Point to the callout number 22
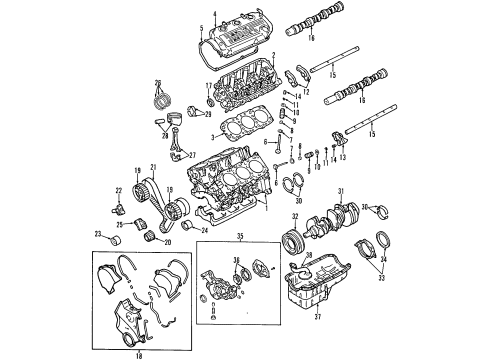pyautogui.click(x=118, y=192)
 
